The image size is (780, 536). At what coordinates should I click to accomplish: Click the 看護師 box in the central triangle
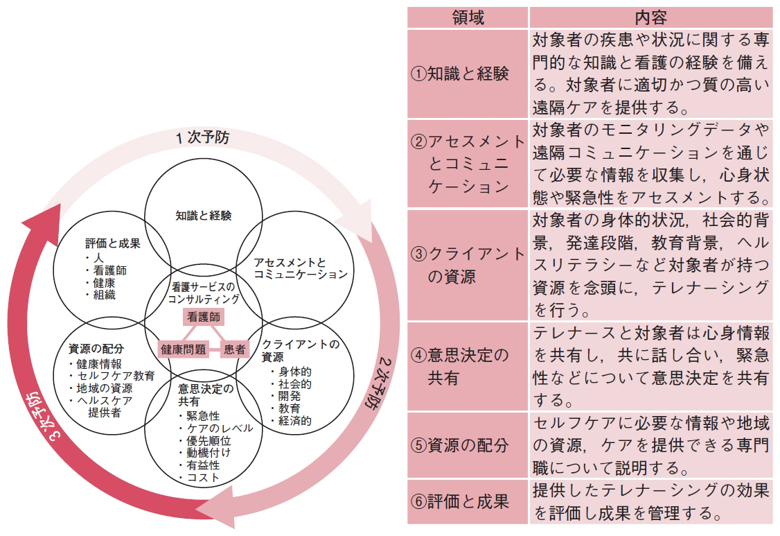[204, 317]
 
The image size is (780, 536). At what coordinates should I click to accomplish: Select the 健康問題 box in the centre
[183, 349]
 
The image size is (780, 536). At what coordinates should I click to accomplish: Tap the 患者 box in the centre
[234, 349]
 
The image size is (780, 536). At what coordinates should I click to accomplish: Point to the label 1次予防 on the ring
[202, 137]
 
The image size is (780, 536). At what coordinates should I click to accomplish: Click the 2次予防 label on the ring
[378, 383]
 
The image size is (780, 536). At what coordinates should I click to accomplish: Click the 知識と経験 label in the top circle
[204, 216]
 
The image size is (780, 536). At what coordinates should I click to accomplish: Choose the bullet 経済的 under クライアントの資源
[291, 421]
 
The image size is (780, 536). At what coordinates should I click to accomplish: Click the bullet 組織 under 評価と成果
[100, 295]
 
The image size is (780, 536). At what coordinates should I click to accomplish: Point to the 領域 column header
[468, 17]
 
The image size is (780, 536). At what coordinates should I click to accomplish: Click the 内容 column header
[651, 17]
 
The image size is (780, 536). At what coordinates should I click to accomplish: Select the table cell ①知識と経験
[468, 74]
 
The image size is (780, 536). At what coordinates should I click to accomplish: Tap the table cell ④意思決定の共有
[468, 367]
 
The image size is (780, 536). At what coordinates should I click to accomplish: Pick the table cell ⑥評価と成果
[468, 501]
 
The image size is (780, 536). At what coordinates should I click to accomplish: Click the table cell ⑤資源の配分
[468, 445]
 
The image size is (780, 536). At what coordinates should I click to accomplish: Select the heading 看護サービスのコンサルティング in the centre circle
[204, 293]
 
